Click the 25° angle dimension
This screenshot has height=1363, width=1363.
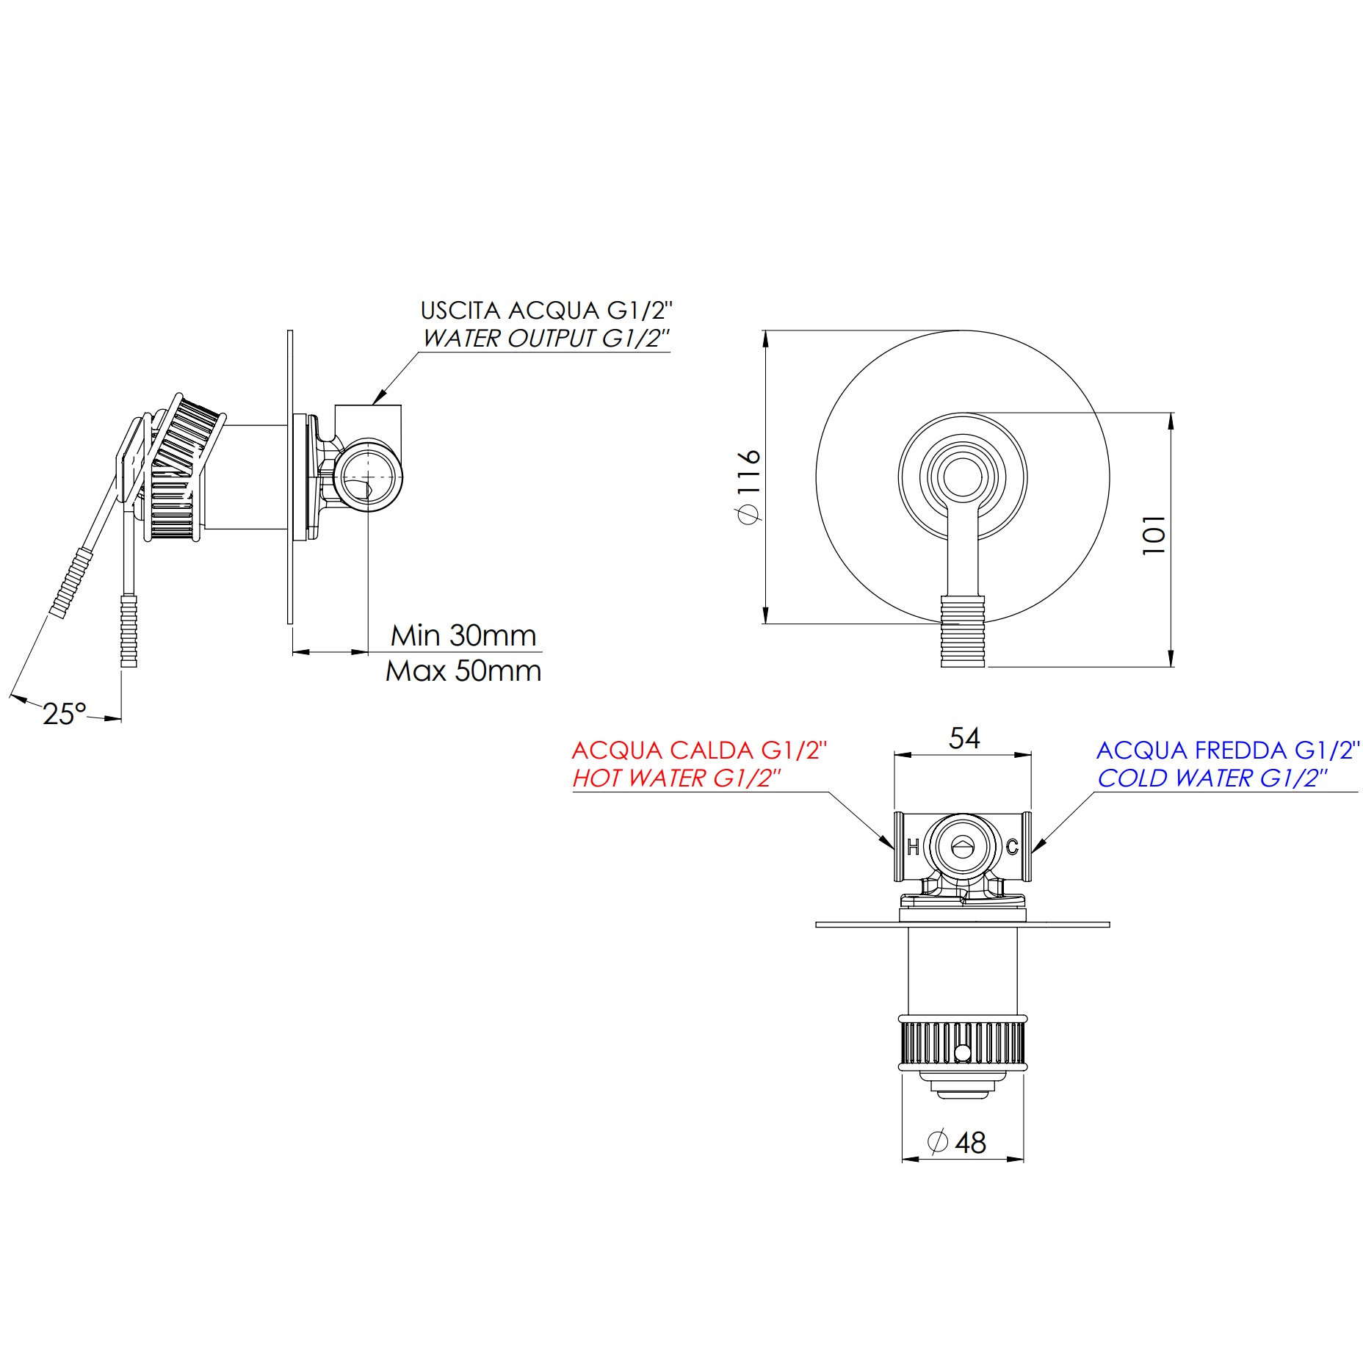[x=65, y=713]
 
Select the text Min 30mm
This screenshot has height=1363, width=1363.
[x=463, y=635]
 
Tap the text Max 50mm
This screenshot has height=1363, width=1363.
[x=463, y=670]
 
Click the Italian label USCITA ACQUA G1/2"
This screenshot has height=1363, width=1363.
[x=546, y=310]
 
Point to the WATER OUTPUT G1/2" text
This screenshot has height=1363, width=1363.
[x=546, y=338]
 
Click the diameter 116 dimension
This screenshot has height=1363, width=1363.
[x=748, y=485]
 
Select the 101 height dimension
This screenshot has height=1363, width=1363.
[x=1154, y=535]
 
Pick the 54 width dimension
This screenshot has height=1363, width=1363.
[x=963, y=738]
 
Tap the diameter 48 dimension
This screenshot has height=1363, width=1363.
[x=958, y=1142]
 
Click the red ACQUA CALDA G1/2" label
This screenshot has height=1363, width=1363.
[x=698, y=750]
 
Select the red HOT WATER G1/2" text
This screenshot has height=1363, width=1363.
[x=676, y=778]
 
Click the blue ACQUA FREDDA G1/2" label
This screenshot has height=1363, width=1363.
[x=1227, y=750]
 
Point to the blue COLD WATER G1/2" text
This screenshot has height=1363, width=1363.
[x=1212, y=778]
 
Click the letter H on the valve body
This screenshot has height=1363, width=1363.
[x=913, y=847]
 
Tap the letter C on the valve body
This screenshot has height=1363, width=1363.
[x=1012, y=847]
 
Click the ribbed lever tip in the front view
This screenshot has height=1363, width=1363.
[x=963, y=632]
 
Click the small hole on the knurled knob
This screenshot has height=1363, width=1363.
[x=963, y=1053]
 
